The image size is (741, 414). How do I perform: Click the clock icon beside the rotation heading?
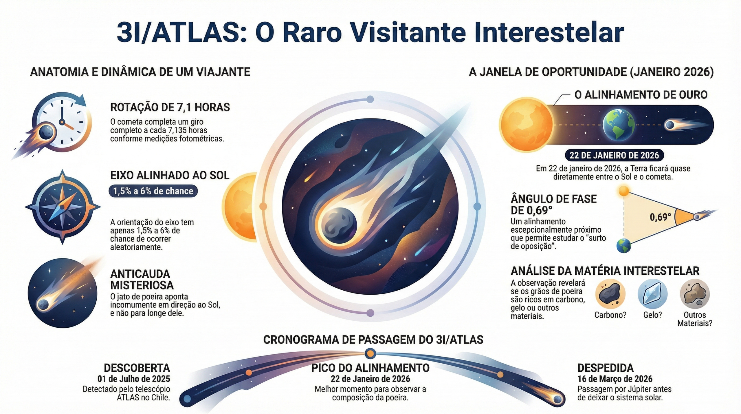62,122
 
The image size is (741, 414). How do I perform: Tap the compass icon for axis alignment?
63,207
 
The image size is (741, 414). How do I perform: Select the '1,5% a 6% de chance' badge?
153,191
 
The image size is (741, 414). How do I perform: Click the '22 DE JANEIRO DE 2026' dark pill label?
614,155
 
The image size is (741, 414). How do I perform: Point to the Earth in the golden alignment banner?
618,125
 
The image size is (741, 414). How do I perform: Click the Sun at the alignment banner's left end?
526,125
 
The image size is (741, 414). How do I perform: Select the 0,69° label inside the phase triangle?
660,217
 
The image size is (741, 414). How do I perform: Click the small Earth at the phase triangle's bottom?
623,246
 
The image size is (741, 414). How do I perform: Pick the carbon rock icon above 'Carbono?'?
610,294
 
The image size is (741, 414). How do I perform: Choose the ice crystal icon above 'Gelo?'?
652,294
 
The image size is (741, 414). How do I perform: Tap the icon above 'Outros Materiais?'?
695,294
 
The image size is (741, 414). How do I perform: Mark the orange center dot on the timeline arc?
370,353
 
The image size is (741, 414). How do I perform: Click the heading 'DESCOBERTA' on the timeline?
137,368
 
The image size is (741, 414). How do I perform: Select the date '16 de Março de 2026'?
615,379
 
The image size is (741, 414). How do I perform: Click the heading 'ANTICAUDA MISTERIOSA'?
142,280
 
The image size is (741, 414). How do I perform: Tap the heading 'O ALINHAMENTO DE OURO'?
641,95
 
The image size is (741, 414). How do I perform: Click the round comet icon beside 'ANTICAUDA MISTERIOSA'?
63,293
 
